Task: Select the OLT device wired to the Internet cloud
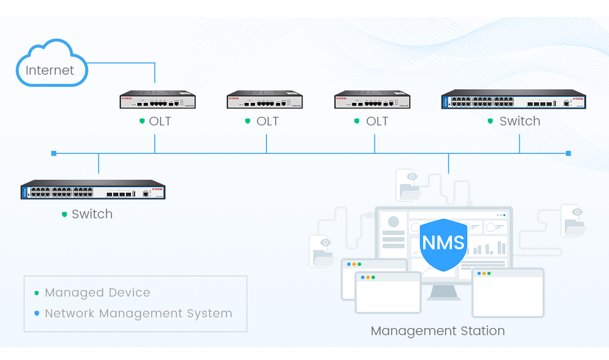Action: (157, 100)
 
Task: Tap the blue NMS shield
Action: (444, 244)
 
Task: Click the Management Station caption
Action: (437, 331)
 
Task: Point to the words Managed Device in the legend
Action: (97, 293)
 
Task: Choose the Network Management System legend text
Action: (139, 314)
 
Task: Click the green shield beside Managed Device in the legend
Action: (37, 293)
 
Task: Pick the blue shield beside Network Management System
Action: (37, 314)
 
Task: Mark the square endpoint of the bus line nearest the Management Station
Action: (568, 153)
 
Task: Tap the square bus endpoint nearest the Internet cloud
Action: (53, 153)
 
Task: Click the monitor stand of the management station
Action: (444, 291)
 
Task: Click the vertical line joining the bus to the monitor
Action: (449, 162)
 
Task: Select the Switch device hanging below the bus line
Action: (93, 189)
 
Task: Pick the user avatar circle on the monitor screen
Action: (393, 222)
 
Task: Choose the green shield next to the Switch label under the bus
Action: (64, 214)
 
